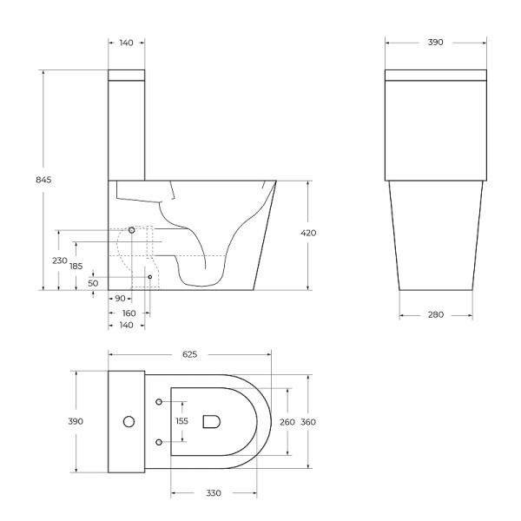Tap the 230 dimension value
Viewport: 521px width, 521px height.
pos(59,260)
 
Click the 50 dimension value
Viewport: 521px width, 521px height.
pos(93,283)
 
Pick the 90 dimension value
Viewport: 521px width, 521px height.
pos(119,299)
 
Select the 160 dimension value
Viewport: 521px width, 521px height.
pos(129,312)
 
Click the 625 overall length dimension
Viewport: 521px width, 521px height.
pos(189,354)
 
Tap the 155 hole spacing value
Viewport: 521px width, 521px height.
pos(181,421)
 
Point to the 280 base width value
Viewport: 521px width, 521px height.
pos(436,314)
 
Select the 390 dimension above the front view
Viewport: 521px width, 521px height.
pos(436,41)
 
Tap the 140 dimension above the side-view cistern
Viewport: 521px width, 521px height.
pos(127,41)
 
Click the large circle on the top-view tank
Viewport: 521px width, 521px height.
pos(129,422)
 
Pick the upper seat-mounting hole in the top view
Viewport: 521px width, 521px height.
pos(159,401)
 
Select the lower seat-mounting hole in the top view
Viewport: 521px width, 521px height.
pos(159,442)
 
